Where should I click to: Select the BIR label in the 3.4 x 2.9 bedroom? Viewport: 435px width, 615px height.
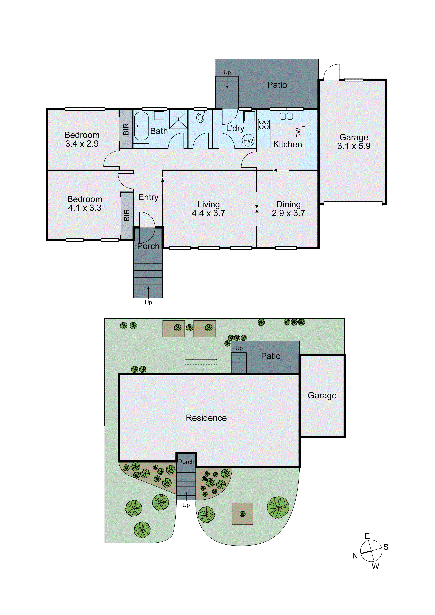126,129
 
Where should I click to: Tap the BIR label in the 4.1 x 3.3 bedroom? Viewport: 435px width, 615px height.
127,215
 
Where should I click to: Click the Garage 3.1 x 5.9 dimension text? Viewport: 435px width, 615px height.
354,146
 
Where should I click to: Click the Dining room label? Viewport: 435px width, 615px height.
288,204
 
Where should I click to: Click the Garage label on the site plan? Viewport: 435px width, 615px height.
322,395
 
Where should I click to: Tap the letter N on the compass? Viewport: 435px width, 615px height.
355,556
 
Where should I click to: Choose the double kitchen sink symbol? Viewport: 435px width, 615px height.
286,116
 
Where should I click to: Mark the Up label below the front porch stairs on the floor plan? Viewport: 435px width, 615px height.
148,302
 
